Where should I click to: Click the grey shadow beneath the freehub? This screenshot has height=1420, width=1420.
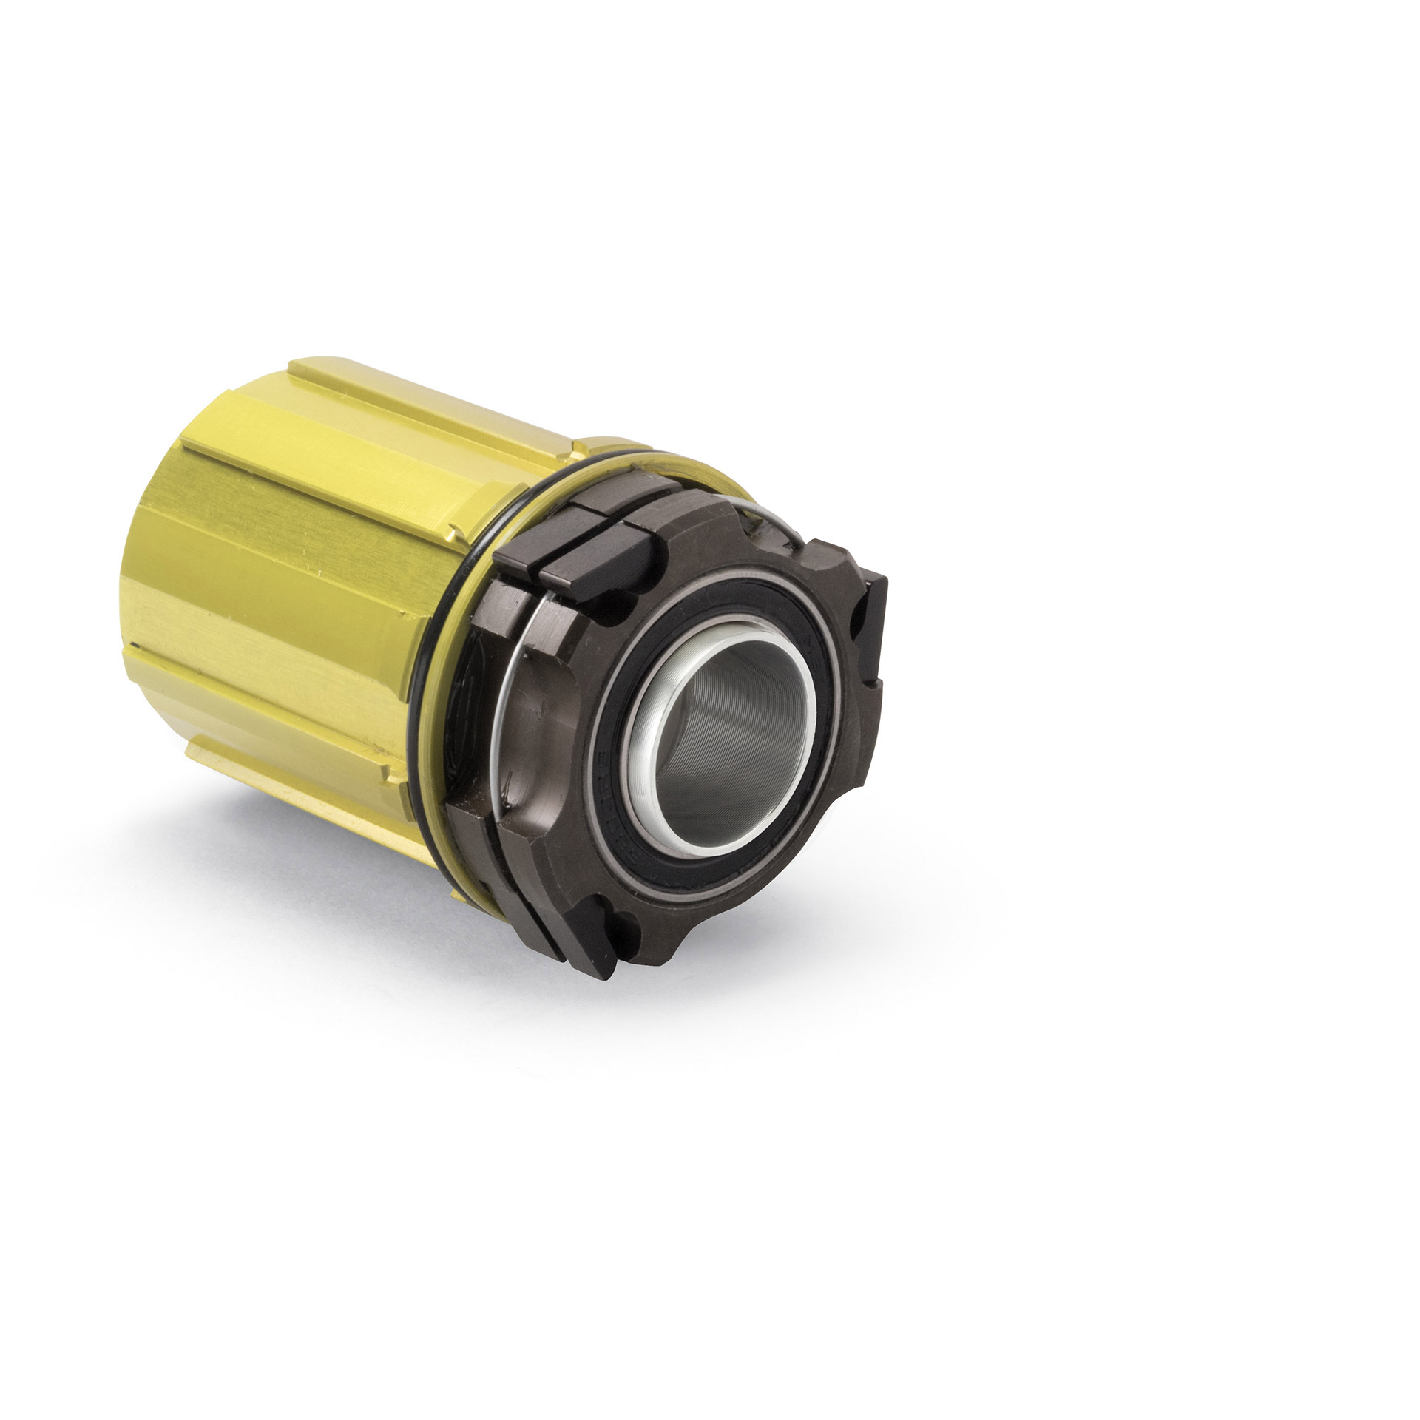point(370,917)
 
